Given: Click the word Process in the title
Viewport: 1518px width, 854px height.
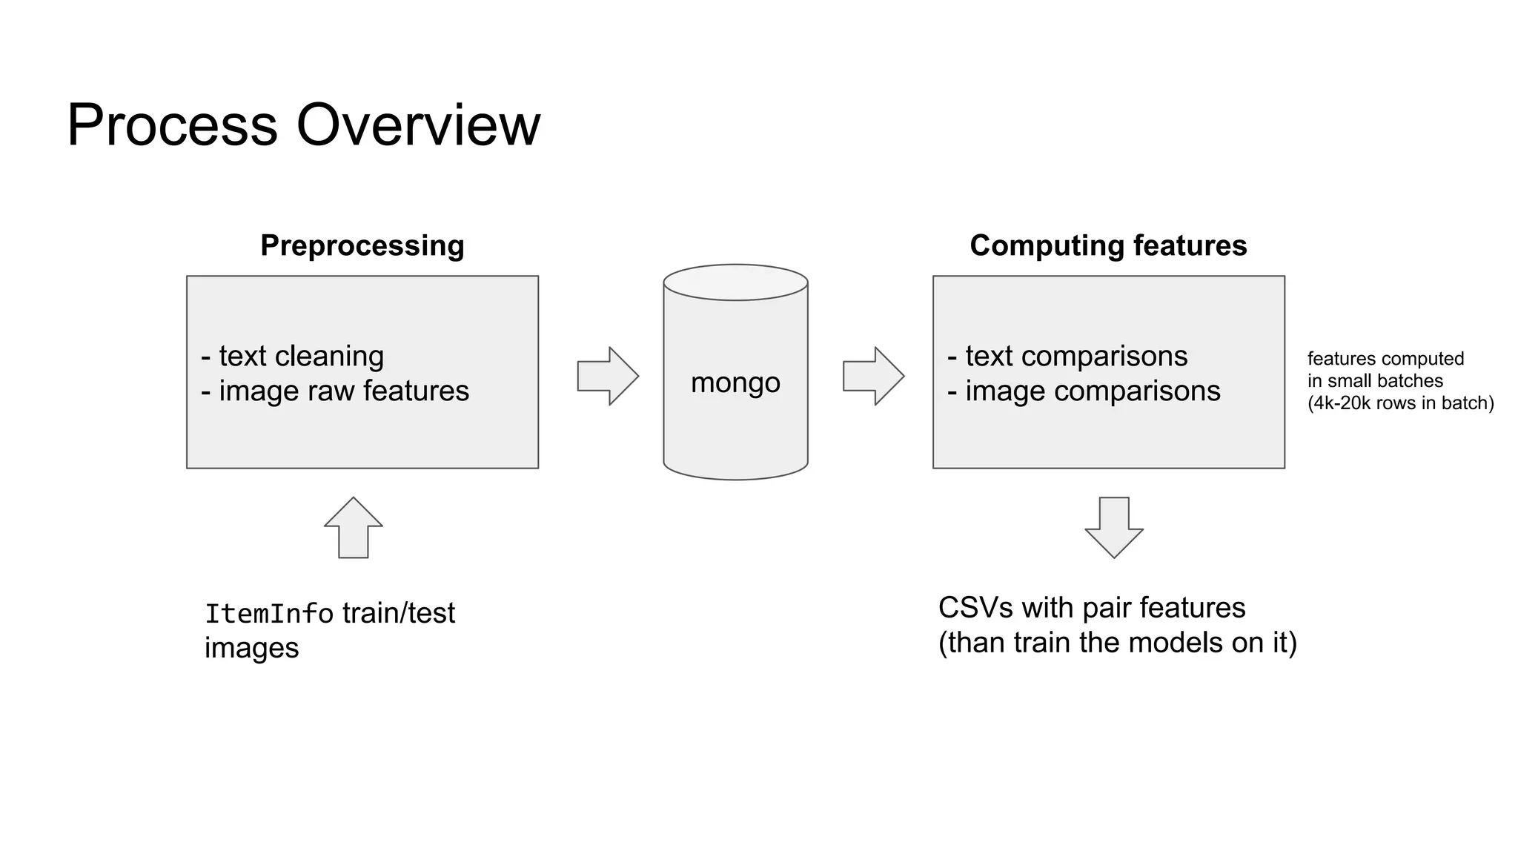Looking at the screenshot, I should click(172, 126).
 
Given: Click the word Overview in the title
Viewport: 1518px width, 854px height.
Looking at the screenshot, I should click(419, 126).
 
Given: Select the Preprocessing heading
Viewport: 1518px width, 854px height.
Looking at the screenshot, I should click(362, 245).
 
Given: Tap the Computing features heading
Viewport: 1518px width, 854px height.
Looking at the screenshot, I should click(1108, 245).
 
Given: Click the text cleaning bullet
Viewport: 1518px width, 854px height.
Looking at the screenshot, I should click(294, 357).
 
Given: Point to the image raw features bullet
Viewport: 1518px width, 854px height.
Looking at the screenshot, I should click(336, 391).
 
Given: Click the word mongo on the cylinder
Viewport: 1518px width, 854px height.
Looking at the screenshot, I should click(735, 383).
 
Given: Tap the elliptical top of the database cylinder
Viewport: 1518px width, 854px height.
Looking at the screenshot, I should click(735, 282).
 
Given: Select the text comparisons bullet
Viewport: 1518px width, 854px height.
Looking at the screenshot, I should click(1068, 357).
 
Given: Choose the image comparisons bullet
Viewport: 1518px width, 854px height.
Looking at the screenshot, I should click(1084, 391).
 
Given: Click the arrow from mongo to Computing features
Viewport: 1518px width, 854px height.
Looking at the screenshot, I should click(873, 376).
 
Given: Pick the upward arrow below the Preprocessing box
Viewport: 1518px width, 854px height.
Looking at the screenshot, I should click(354, 527).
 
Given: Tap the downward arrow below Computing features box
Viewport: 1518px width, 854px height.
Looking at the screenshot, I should click(1114, 527).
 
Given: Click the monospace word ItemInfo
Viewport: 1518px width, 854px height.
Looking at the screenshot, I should click(269, 614).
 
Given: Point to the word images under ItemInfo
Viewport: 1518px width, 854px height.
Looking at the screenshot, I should click(252, 648).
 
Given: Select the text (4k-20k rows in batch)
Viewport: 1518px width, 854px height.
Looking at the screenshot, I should click(1400, 403).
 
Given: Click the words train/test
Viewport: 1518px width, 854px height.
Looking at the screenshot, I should click(399, 613).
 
